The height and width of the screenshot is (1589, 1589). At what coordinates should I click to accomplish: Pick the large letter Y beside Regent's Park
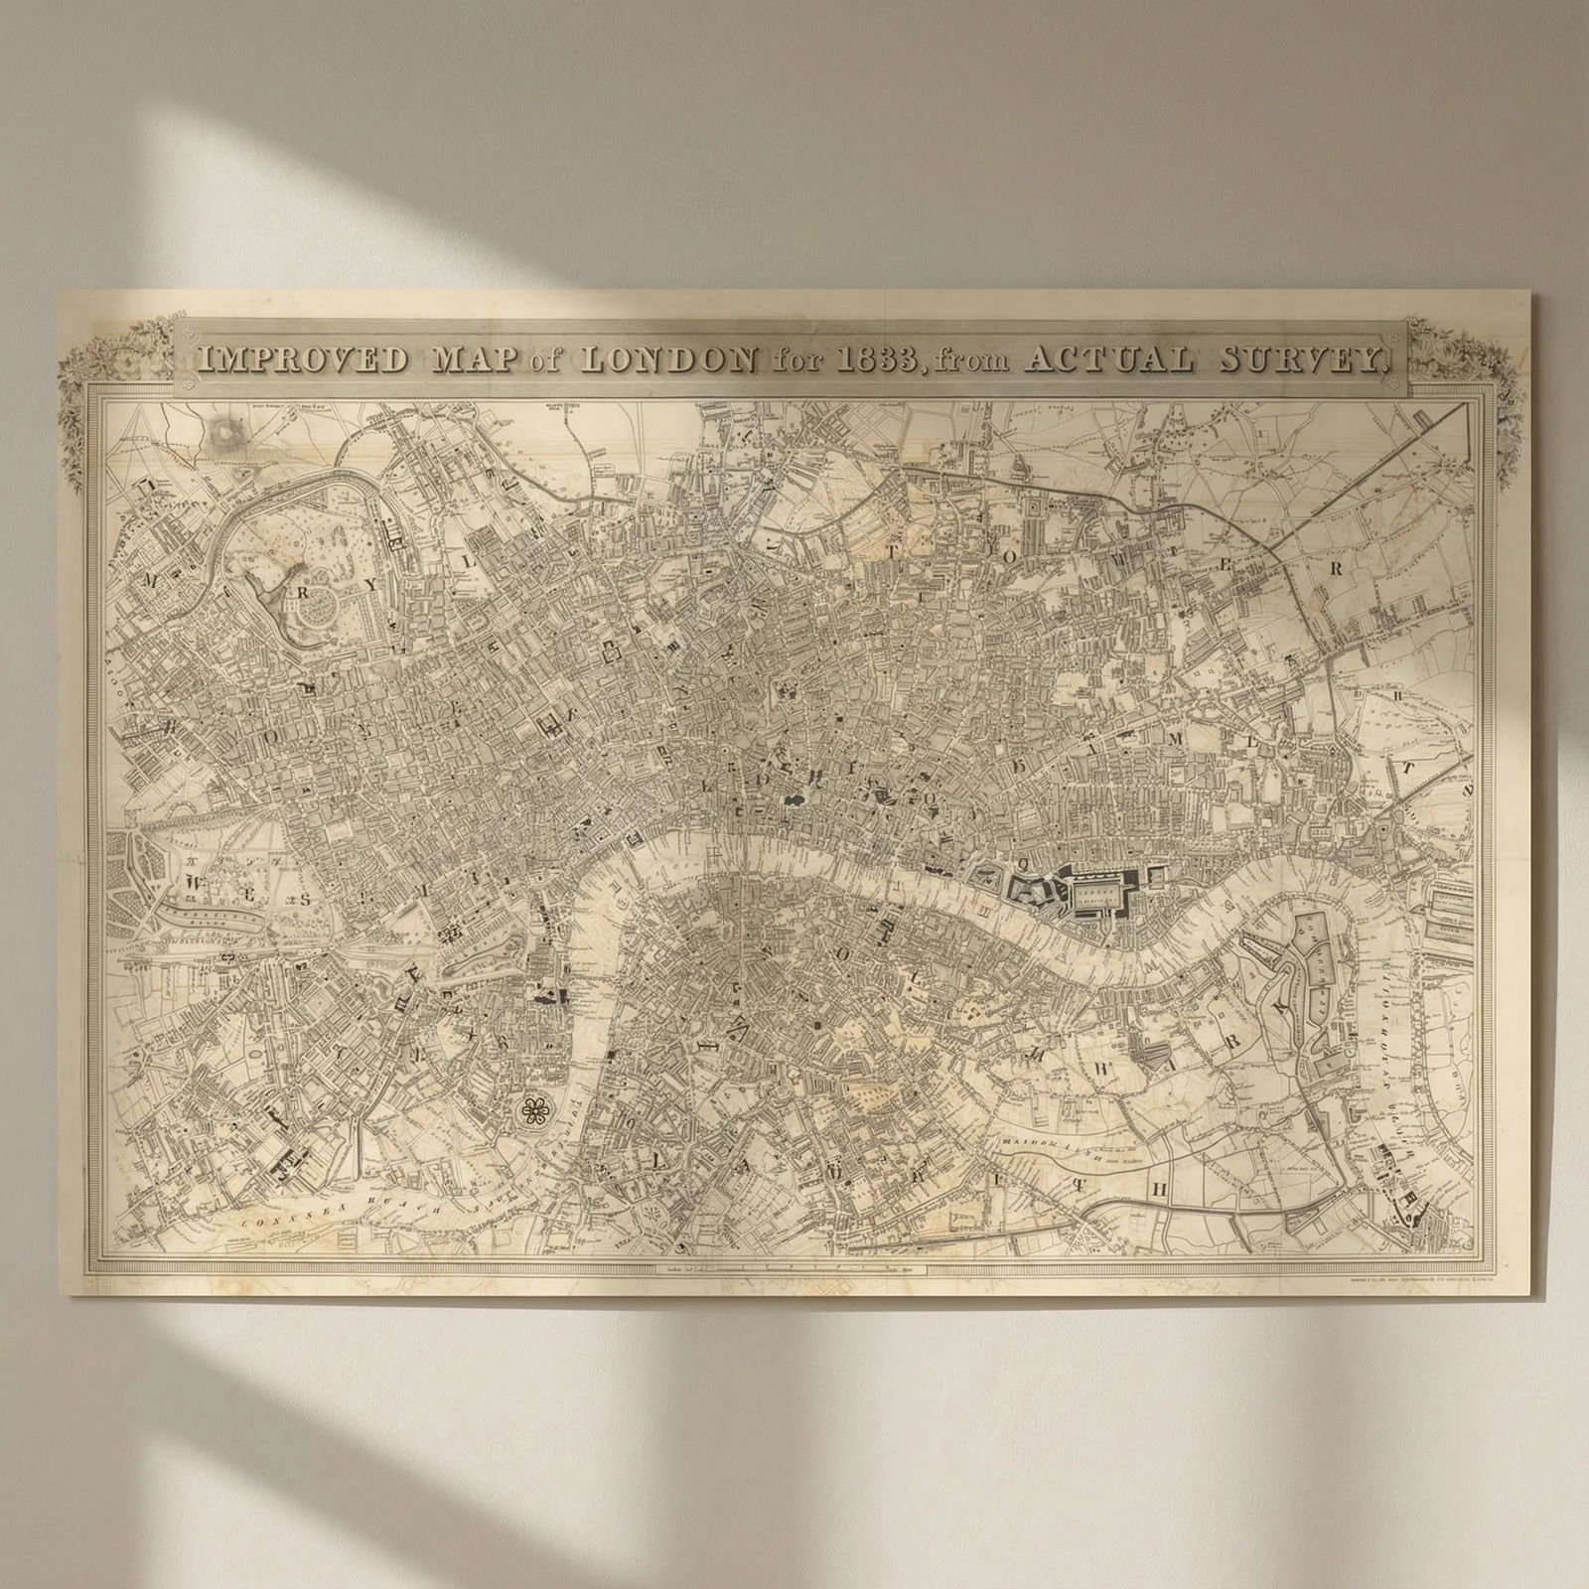click(x=369, y=585)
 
